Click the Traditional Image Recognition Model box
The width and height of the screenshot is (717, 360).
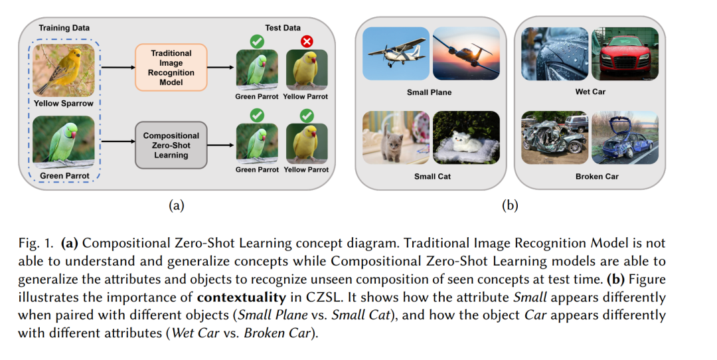[172, 68]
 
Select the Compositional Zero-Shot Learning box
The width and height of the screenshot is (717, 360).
[171, 145]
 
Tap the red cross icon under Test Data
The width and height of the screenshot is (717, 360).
[307, 41]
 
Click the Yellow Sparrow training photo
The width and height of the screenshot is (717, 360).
[63, 70]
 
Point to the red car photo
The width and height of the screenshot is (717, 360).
[625, 54]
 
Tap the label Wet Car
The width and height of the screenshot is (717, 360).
[590, 92]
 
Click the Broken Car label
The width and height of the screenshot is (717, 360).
[590, 176]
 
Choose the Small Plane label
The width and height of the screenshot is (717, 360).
[429, 92]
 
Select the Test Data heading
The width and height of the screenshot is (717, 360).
[283, 28]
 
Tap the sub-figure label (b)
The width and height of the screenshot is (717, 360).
[510, 206]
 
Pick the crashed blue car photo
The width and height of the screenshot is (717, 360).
[625, 137]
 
